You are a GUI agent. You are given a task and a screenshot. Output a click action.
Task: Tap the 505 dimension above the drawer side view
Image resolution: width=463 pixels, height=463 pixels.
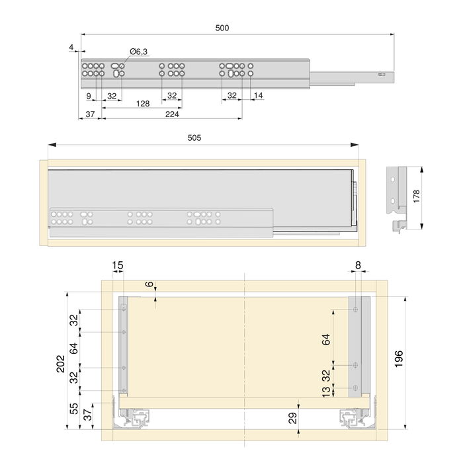coord(194,138)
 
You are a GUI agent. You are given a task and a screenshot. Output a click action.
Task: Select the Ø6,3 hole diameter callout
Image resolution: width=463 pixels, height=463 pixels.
coord(138,52)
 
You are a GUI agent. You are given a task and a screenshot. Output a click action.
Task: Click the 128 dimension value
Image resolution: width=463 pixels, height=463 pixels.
coord(142,104)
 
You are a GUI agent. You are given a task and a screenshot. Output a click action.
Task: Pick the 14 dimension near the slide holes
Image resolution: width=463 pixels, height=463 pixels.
coord(258,96)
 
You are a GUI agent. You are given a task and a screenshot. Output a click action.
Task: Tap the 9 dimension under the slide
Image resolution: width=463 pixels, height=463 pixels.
coord(89,96)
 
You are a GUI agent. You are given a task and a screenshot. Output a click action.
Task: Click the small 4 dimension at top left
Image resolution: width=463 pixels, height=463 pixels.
coord(71,46)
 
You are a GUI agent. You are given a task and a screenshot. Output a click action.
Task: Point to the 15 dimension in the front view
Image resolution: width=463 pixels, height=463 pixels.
coord(117,266)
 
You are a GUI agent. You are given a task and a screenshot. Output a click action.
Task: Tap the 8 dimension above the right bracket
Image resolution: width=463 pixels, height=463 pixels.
coord(358,266)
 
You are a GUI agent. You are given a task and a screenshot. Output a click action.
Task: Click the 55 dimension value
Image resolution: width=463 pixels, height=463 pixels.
coord(74,408)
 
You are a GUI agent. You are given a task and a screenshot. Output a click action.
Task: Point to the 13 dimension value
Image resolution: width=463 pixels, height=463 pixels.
coord(325,391)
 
